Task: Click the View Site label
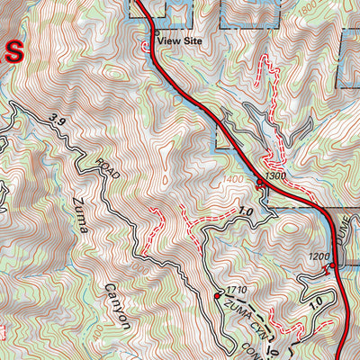click(x=180, y=40)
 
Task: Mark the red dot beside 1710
click(x=219, y=294)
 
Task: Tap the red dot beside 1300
click(x=260, y=183)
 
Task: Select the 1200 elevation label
click(x=319, y=256)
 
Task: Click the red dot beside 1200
click(x=332, y=265)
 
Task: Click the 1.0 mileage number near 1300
click(x=245, y=211)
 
